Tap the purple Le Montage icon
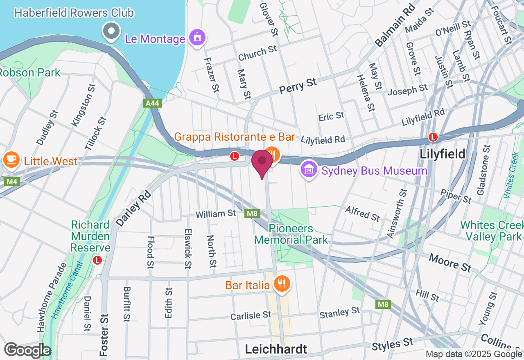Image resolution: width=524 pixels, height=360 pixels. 197,38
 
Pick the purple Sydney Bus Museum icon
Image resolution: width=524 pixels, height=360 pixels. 309,169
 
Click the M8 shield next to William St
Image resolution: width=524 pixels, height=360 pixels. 252,213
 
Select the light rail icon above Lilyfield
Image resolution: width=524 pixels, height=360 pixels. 433,137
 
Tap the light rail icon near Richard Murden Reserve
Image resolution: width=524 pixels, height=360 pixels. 97,260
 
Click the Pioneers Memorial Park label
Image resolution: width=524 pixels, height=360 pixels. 291,234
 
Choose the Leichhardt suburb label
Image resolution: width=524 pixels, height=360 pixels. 276,349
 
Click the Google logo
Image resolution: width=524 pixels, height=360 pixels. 27,350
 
